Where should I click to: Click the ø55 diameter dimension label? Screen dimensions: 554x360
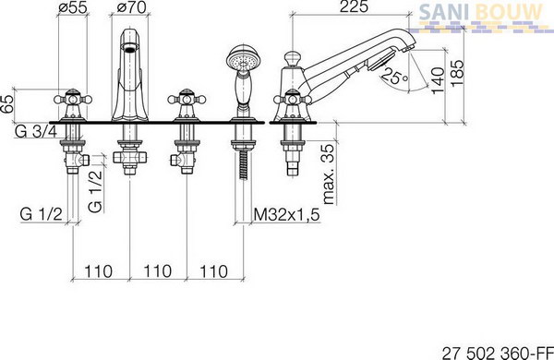point(72,7)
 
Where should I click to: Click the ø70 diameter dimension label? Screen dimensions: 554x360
point(131,7)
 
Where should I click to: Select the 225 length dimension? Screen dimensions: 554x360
point(354,6)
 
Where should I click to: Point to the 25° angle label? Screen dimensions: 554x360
point(395,76)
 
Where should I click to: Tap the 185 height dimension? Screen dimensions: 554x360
point(457,73)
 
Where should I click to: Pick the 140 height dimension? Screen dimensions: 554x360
point(438,80)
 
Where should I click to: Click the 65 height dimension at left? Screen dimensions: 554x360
point(7,103)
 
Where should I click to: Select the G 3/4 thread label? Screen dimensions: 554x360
point(36,131)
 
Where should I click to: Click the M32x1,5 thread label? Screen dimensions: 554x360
point(286,214)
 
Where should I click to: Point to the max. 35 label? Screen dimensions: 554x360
point(328,174)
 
